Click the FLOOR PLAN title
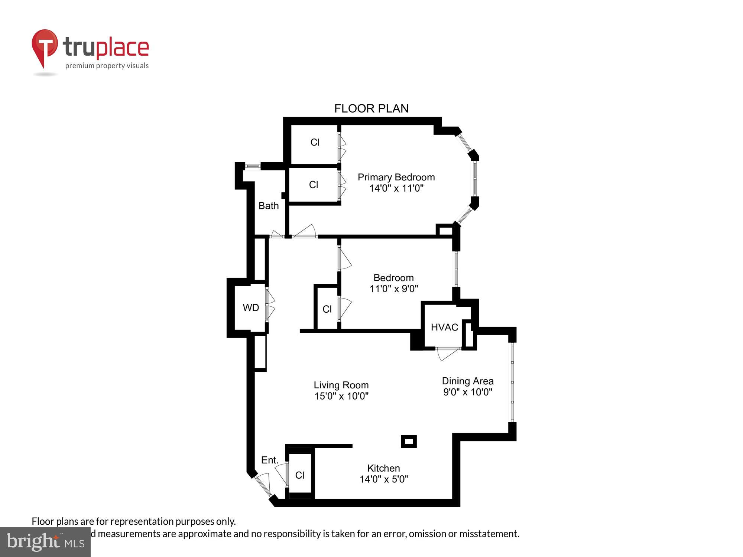[371, 108]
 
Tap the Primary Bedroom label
[396, 177]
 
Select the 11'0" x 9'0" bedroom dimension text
[393, 289]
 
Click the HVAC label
[444, 327]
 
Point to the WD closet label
[251, 307]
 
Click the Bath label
[268, 206]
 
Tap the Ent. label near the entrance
[269, 460]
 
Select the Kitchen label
[383, 468]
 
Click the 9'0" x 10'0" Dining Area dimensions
[467, 392]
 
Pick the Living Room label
[341, 385]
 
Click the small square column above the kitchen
[409, 441]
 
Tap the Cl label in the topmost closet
[315, 142]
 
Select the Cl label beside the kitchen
[299, 475]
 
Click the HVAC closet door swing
[448, 354]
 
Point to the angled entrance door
[265, 485]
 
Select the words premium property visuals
[107, 66]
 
